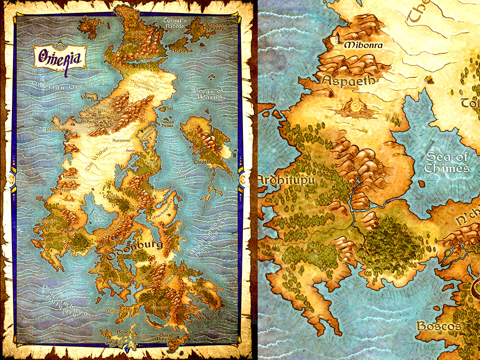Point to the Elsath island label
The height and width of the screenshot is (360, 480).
(x=202, y=162)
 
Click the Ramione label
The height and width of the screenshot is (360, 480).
(x=121, y=141)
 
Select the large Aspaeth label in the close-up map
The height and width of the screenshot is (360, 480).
(x=348, y=80)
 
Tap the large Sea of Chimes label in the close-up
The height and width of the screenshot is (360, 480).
(x=447, y=162)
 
